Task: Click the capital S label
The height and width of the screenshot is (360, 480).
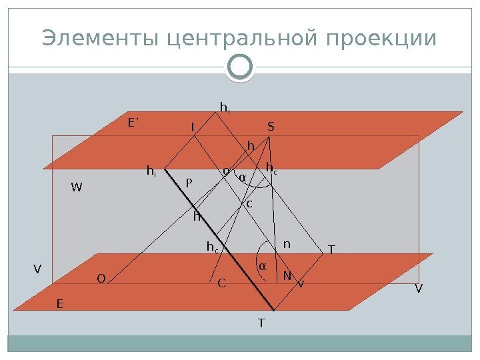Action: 271,126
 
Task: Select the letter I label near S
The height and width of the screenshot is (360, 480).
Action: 193,127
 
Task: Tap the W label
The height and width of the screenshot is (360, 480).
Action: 77,188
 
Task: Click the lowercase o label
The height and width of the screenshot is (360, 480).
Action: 225,171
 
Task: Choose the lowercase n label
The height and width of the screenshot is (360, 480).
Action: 287,244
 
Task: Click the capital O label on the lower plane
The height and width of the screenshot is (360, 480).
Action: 101,279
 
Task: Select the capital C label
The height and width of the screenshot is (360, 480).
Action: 222,283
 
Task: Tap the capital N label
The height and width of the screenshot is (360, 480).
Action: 287,275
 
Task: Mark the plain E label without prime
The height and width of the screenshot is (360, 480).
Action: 59,303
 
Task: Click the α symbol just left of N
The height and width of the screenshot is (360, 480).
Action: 262,266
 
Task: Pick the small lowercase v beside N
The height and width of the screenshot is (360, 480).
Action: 300,283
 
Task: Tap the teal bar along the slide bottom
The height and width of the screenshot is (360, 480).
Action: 240,343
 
